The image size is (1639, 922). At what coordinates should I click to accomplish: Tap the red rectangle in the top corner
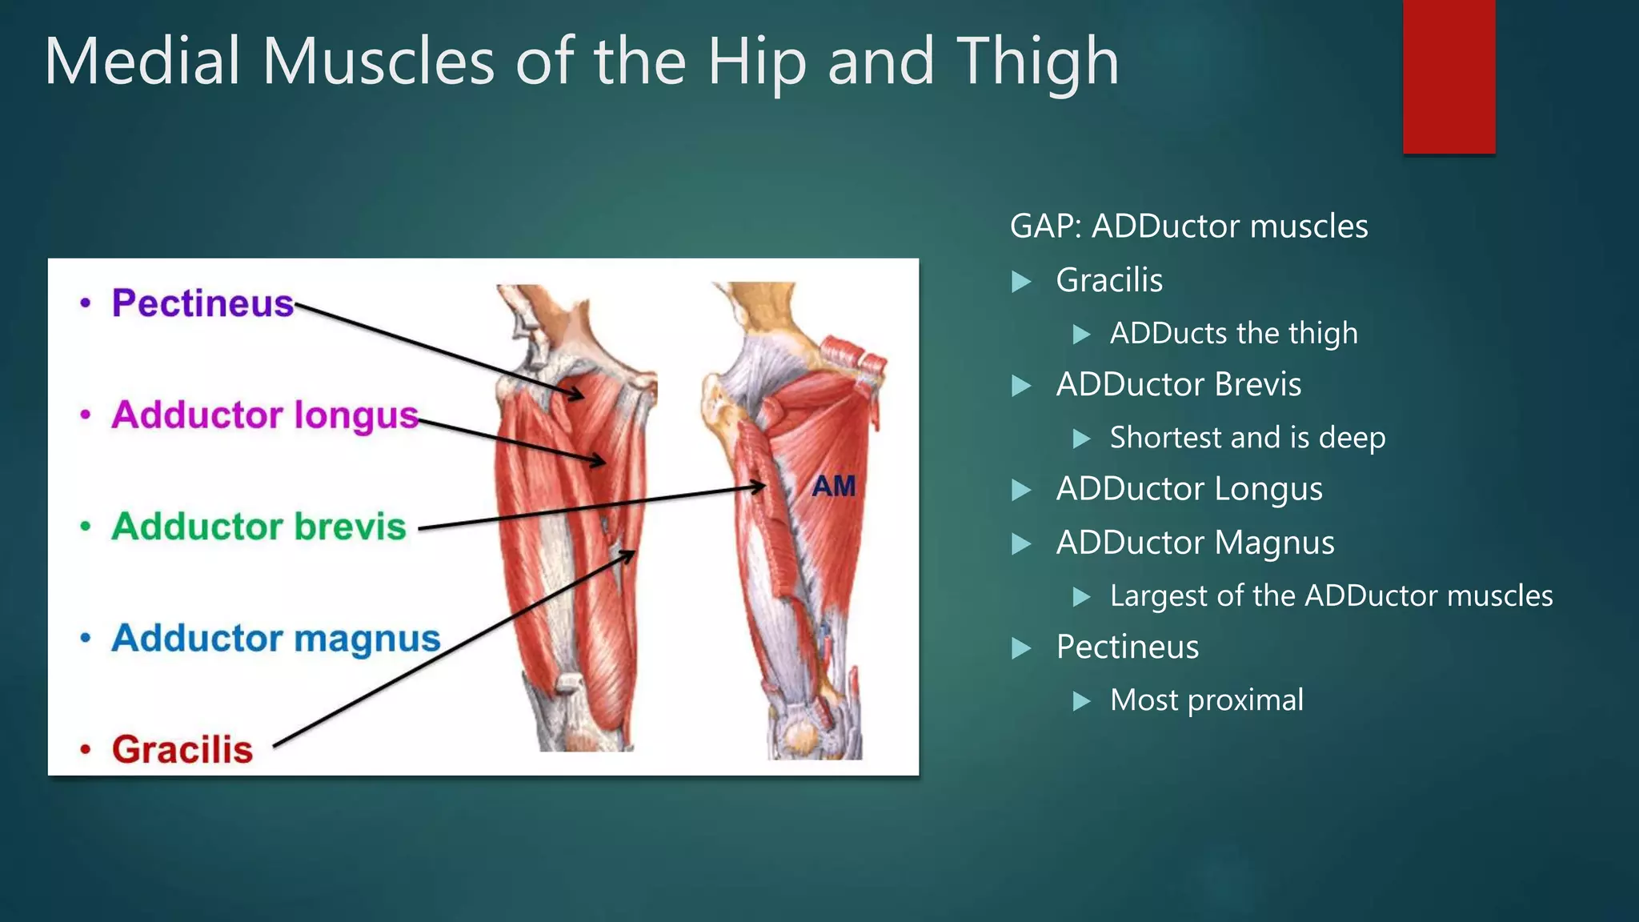(x=1449, y=77)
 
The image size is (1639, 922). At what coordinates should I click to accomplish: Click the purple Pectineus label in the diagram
(x=202, y=303)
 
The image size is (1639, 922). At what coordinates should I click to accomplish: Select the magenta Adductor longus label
(x=265, y=415)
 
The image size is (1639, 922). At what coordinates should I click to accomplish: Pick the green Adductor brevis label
(x=258, y=527)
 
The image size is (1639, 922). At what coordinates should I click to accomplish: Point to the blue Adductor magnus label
(x=276, y=638)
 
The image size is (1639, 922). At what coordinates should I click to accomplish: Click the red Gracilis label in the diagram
(x=182, y=750)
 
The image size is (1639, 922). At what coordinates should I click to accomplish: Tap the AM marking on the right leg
(x=833, y=486)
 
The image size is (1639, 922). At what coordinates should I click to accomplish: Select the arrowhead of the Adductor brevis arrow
(x=758, y=486)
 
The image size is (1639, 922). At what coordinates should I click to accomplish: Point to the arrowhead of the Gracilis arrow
(x=629, y=555)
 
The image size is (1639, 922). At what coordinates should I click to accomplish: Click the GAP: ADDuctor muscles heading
(x=1188, y=226)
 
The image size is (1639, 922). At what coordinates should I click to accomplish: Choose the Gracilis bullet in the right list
(x=1108, y=280)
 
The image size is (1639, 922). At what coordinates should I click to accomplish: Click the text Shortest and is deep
(x=1247, y=438)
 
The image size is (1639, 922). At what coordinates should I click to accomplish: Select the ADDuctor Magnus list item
(x=1195, y=543)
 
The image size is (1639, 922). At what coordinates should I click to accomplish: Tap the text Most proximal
(x=1206, y=700)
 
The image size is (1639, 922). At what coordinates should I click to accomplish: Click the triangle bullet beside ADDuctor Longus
(x=1021, y=490)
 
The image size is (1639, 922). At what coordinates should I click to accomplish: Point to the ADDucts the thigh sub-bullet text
(x=1233, y=333)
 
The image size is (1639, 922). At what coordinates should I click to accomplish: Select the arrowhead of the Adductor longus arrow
(x=599, y=461)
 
